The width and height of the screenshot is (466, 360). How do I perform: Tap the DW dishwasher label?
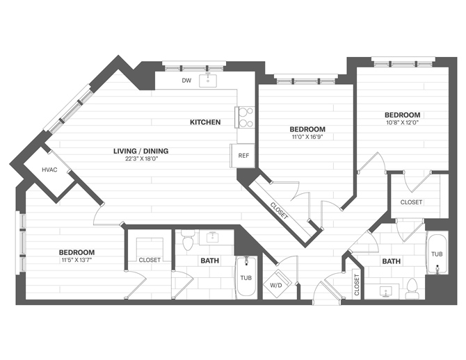[186, 81]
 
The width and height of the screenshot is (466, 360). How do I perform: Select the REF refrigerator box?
[243, 155]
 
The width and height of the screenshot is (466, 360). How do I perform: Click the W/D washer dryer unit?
[276, 285]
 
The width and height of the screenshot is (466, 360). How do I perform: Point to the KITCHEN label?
[205, 122]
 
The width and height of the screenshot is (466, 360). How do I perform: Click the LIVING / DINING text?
[142, 151]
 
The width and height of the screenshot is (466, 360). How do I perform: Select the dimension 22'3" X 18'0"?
[142, 159]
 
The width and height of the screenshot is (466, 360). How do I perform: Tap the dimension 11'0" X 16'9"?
[307, 137]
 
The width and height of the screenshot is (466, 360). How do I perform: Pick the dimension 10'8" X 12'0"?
[403, 122]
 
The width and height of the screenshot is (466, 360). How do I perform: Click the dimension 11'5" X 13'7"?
[77, 260]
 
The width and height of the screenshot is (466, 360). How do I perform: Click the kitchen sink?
[209, 81]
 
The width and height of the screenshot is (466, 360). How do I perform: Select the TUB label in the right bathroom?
[436, 254]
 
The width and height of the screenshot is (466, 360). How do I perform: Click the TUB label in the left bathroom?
[246, 278]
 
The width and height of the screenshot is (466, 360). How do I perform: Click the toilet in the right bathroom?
[412, 287]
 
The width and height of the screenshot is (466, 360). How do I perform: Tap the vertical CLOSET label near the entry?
[357, 286]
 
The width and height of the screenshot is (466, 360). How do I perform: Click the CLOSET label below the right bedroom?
[411, 202]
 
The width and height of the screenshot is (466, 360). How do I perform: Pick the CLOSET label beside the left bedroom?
[150, 260]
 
